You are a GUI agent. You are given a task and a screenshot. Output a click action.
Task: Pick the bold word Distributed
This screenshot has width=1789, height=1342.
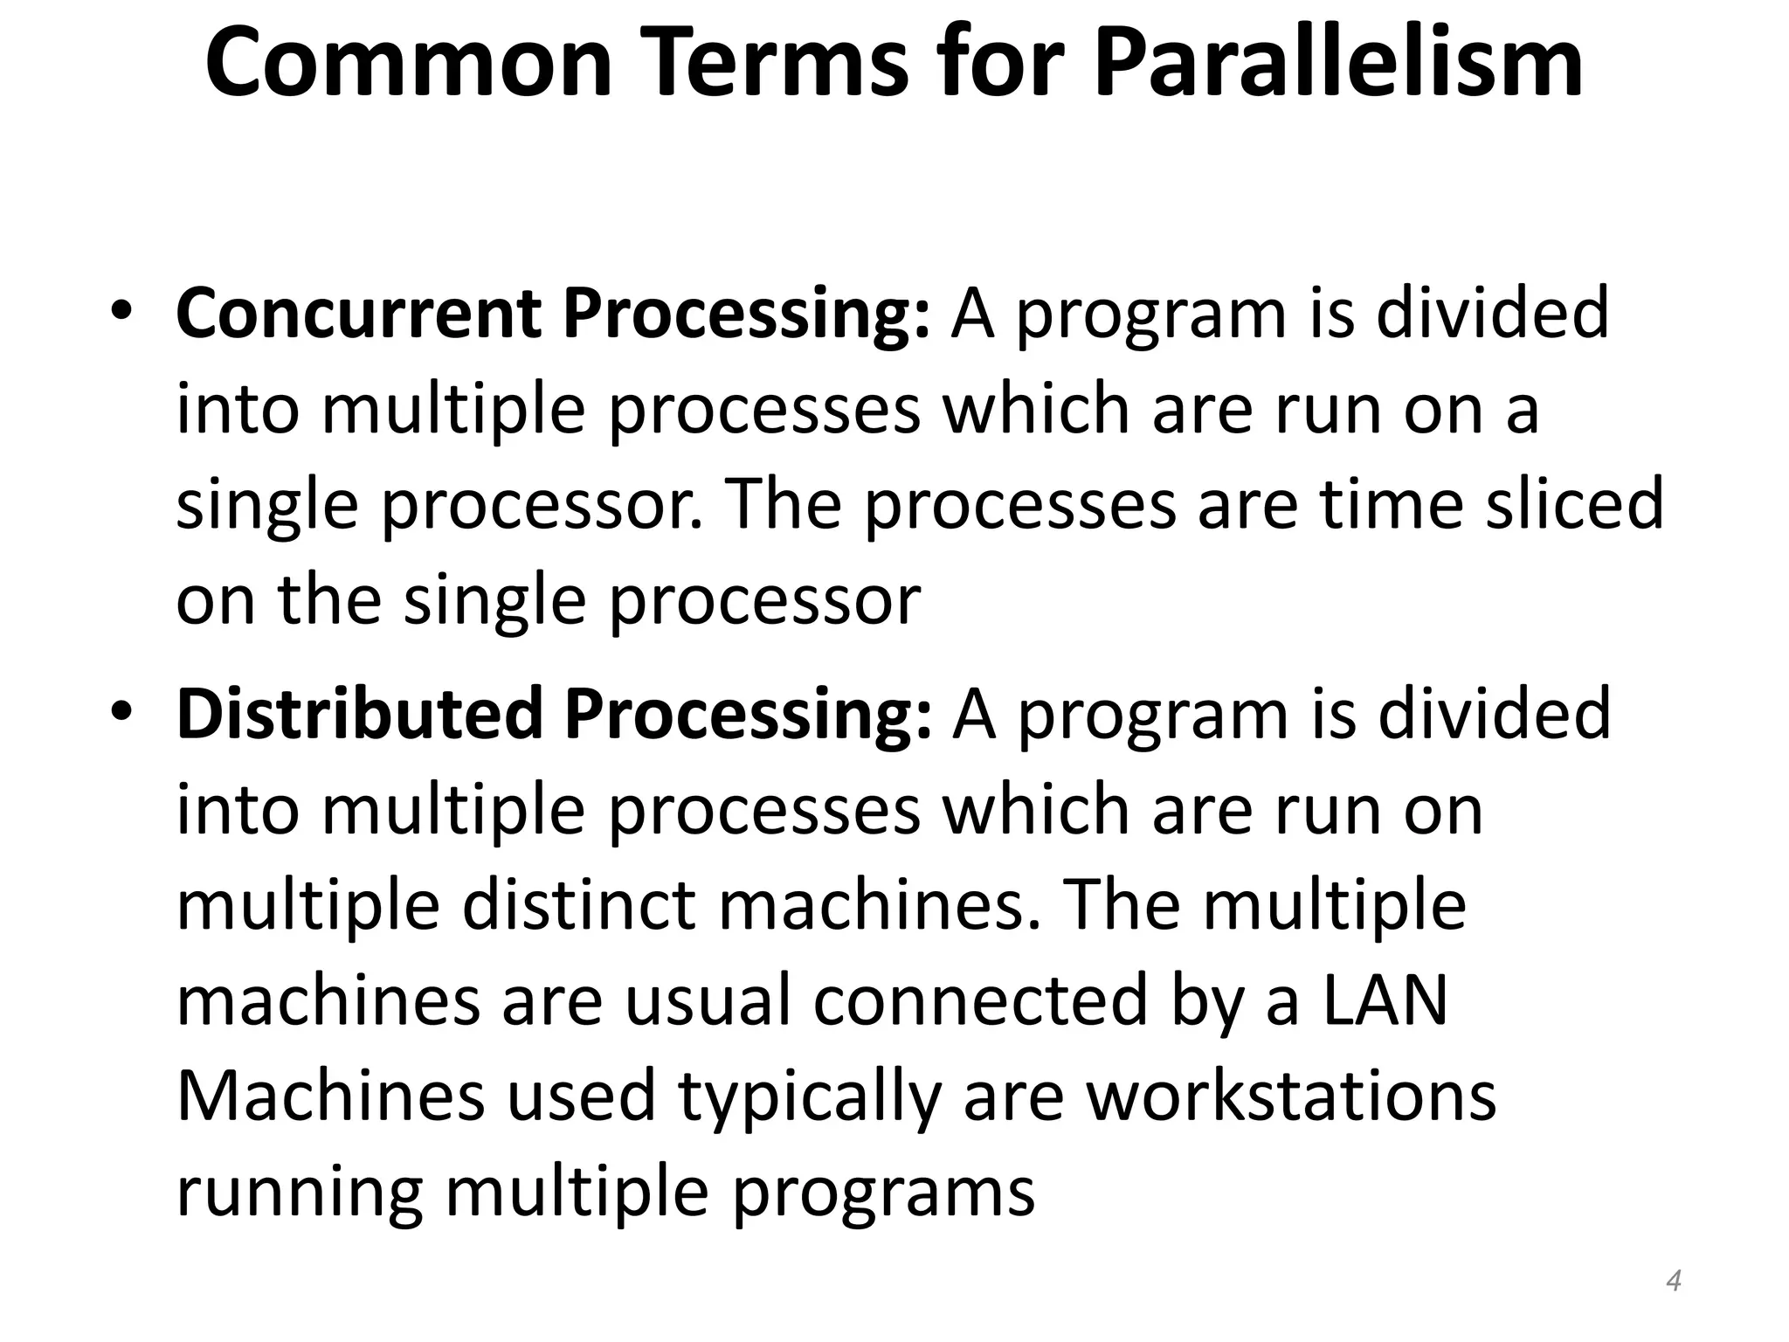360,713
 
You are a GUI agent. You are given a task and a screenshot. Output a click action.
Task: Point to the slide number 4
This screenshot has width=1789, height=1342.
1674,1281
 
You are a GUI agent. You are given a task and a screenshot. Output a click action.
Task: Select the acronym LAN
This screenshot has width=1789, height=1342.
1385,1000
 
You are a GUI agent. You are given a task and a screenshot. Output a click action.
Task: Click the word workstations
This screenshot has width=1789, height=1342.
1291,1096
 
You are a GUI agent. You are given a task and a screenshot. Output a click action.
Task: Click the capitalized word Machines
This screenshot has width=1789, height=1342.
330,1096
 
